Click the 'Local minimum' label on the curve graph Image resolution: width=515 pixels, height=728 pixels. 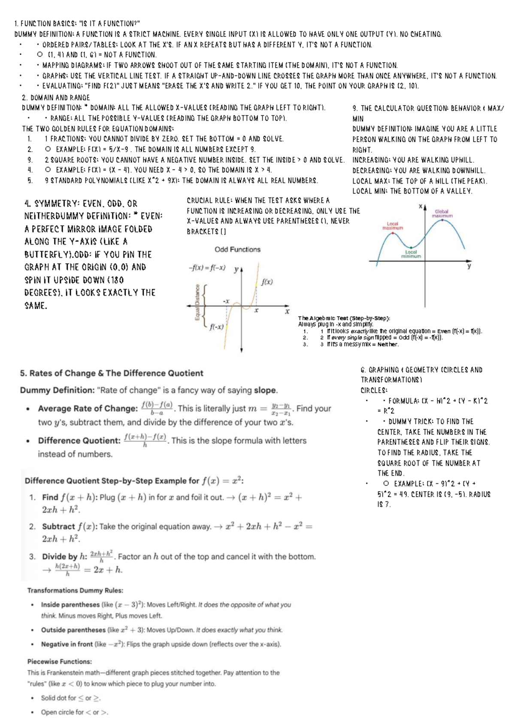[x=411, y=254]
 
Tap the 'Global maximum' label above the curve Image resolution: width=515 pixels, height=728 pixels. [x=442, y=213]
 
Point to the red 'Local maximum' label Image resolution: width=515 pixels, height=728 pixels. [x=392, y=226]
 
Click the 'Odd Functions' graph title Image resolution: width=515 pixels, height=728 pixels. [x=237, y=249]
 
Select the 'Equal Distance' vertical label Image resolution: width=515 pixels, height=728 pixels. [x=197, y=302]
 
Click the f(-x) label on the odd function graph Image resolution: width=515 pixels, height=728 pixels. [x=217, y=327]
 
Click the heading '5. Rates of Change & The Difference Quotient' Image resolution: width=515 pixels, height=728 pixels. [x=112, y=373]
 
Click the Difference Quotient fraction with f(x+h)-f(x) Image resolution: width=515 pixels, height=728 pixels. [x=145, y=440]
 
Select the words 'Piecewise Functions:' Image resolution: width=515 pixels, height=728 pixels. [x=60, y=661]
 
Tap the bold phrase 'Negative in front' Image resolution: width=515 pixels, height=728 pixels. [x=67, y=644]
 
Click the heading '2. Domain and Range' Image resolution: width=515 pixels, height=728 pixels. [x=56, y=97]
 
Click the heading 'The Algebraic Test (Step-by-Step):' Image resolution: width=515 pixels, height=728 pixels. [x=343, y=318]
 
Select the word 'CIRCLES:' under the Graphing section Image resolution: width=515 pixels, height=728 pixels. [x=374, y=390]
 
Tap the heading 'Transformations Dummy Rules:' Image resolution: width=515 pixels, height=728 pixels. [x=75, y=591]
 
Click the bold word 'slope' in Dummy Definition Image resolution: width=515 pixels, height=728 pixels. [x=265, y=390]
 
